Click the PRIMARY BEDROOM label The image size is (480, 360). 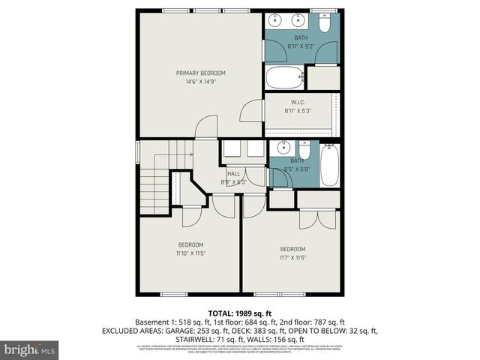(x=200, y=73)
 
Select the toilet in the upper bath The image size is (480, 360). (x=324, y=23)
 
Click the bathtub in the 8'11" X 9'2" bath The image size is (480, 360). (x=285, y=77)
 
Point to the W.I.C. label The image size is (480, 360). (x=297, y=103)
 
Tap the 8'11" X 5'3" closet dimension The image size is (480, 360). (x=297, y=111)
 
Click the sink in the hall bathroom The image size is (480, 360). (x=283, y=147)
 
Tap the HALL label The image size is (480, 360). (x=233, y=173)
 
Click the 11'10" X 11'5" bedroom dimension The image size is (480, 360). (x=190, y=253)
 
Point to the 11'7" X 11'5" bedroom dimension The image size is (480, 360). (x=292, y=257)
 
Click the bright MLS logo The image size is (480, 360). (x=30, y=349)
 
